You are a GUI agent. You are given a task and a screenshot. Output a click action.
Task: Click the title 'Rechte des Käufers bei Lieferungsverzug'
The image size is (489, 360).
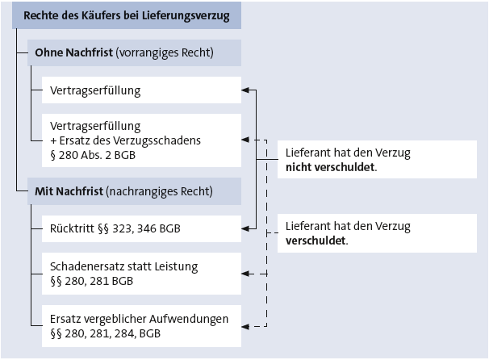pyautogui.click(x=127, y=15)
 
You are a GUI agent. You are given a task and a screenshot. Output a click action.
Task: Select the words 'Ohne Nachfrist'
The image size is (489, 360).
pyautogui.click(x=73, y=52)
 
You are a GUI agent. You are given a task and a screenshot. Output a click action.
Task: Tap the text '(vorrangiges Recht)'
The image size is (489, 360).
pyautogui.click(x=165, y=52)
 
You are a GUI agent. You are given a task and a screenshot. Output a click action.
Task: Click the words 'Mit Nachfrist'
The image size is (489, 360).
pyautogui.click(x=69, y=191)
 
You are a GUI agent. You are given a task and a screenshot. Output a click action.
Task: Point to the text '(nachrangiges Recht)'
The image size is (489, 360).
pyautogui.click(x=159, y=191)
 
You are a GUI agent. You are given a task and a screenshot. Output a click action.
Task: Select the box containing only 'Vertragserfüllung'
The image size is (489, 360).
pyautogui.click(x=141, y=90)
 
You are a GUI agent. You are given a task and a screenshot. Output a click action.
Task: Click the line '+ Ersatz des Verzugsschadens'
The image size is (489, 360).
pyautogui.click(x=125, y=140)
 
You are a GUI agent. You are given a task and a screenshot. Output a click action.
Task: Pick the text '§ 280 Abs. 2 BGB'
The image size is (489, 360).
pyautogui.click(x=93, y=155)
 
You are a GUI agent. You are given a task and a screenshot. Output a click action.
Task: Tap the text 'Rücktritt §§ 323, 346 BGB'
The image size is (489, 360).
pyautogui.click(x=115, y=228)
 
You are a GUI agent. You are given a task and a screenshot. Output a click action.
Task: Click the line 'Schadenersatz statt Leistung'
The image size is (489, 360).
pyautogui.click(x=123, y=266)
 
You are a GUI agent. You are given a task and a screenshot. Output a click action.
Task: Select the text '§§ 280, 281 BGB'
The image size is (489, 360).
pyautogui.click(x=92, y=281)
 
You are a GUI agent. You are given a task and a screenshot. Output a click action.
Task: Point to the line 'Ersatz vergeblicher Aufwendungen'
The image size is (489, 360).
pyautogui.click(x=139, y=319)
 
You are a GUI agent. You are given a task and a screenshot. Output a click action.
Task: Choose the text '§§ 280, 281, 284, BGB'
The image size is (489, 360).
pyautogui.click(x=106, y=333)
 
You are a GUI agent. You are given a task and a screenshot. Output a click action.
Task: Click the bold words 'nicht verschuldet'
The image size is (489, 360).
pyautogui.click(x=330, y=167)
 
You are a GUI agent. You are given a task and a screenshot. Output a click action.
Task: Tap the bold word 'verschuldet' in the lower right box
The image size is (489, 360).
pyautogui.click(x=316, y=241)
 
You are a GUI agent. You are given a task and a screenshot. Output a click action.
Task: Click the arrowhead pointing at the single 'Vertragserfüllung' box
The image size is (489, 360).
pyautogui.click(x=245, y=90)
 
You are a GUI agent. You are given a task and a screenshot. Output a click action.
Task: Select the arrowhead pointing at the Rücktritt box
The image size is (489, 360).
pyautogui.click(x=245, y=228)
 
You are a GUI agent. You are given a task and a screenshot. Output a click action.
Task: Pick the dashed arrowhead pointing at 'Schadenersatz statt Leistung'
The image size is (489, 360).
pyautogui.click(x=245, y=274)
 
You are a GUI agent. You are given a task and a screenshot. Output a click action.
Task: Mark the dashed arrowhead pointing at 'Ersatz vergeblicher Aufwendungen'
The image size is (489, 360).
pyautogui.click(x=245, y=327)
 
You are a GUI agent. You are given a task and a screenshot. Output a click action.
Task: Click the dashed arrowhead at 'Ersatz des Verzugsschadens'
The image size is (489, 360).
pyautogui.click(x=245, y=140)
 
